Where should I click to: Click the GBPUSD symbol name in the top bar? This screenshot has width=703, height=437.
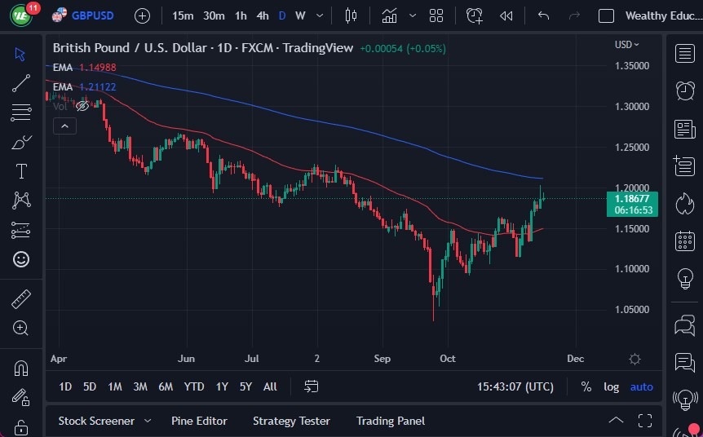[92, 15]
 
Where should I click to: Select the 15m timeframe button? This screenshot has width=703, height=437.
[183, 15]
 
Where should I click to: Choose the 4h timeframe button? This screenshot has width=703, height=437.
[262, 15]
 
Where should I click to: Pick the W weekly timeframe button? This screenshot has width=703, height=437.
[300, 15]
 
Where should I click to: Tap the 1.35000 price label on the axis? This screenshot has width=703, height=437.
[632, 66]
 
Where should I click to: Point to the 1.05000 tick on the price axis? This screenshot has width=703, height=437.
[632, 310]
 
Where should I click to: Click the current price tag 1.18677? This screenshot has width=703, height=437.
[633, 198]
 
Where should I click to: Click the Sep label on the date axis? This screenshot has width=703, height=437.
[382, 358]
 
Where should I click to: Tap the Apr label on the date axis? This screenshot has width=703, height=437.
[58, 358]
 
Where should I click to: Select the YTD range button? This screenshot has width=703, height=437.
[194, 386]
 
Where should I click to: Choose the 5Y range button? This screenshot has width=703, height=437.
[245, 386]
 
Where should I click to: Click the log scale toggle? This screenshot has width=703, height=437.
[611, 386]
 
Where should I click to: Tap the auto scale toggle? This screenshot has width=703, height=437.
[642, 386]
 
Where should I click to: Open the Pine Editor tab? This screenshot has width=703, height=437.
[199, 421]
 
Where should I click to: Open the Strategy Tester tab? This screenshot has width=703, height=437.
[291, 421]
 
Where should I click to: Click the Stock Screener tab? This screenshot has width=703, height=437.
[96, 421]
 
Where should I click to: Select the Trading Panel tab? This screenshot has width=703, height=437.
[391, 421]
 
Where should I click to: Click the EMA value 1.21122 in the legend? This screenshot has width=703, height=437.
[98, 86]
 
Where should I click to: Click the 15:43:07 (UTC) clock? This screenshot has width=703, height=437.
[516, 386]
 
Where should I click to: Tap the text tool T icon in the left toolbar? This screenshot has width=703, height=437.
[21, 171]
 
